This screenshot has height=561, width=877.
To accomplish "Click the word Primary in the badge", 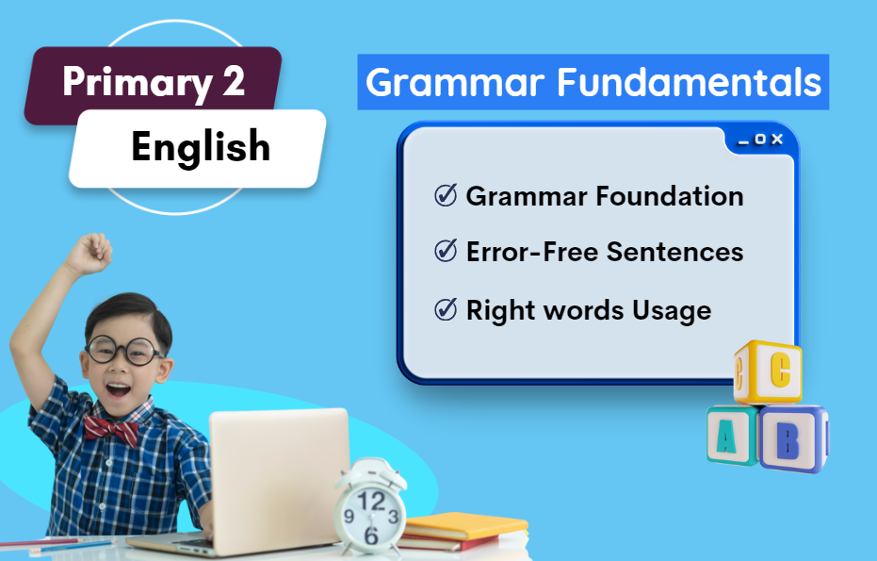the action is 137,83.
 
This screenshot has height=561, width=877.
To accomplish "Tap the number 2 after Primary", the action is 234,81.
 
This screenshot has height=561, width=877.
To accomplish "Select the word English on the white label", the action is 201,147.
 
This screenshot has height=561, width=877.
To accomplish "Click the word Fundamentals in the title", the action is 690,82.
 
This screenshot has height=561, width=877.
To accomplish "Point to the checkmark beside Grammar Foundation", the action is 446,195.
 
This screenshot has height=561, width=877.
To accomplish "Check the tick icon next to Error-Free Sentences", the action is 446,250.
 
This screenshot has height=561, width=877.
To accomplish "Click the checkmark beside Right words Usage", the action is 446,309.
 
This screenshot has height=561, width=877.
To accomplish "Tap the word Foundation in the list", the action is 670,196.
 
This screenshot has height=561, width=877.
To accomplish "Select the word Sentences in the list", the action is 675,252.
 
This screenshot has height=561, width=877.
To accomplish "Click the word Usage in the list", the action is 672,311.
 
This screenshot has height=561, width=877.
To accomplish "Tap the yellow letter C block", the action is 768,371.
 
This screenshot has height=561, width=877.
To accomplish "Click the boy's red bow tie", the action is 111,430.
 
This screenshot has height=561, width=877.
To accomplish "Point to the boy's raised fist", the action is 89,253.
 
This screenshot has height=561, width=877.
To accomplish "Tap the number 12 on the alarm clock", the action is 371,501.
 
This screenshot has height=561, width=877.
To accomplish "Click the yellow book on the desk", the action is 465,526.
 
